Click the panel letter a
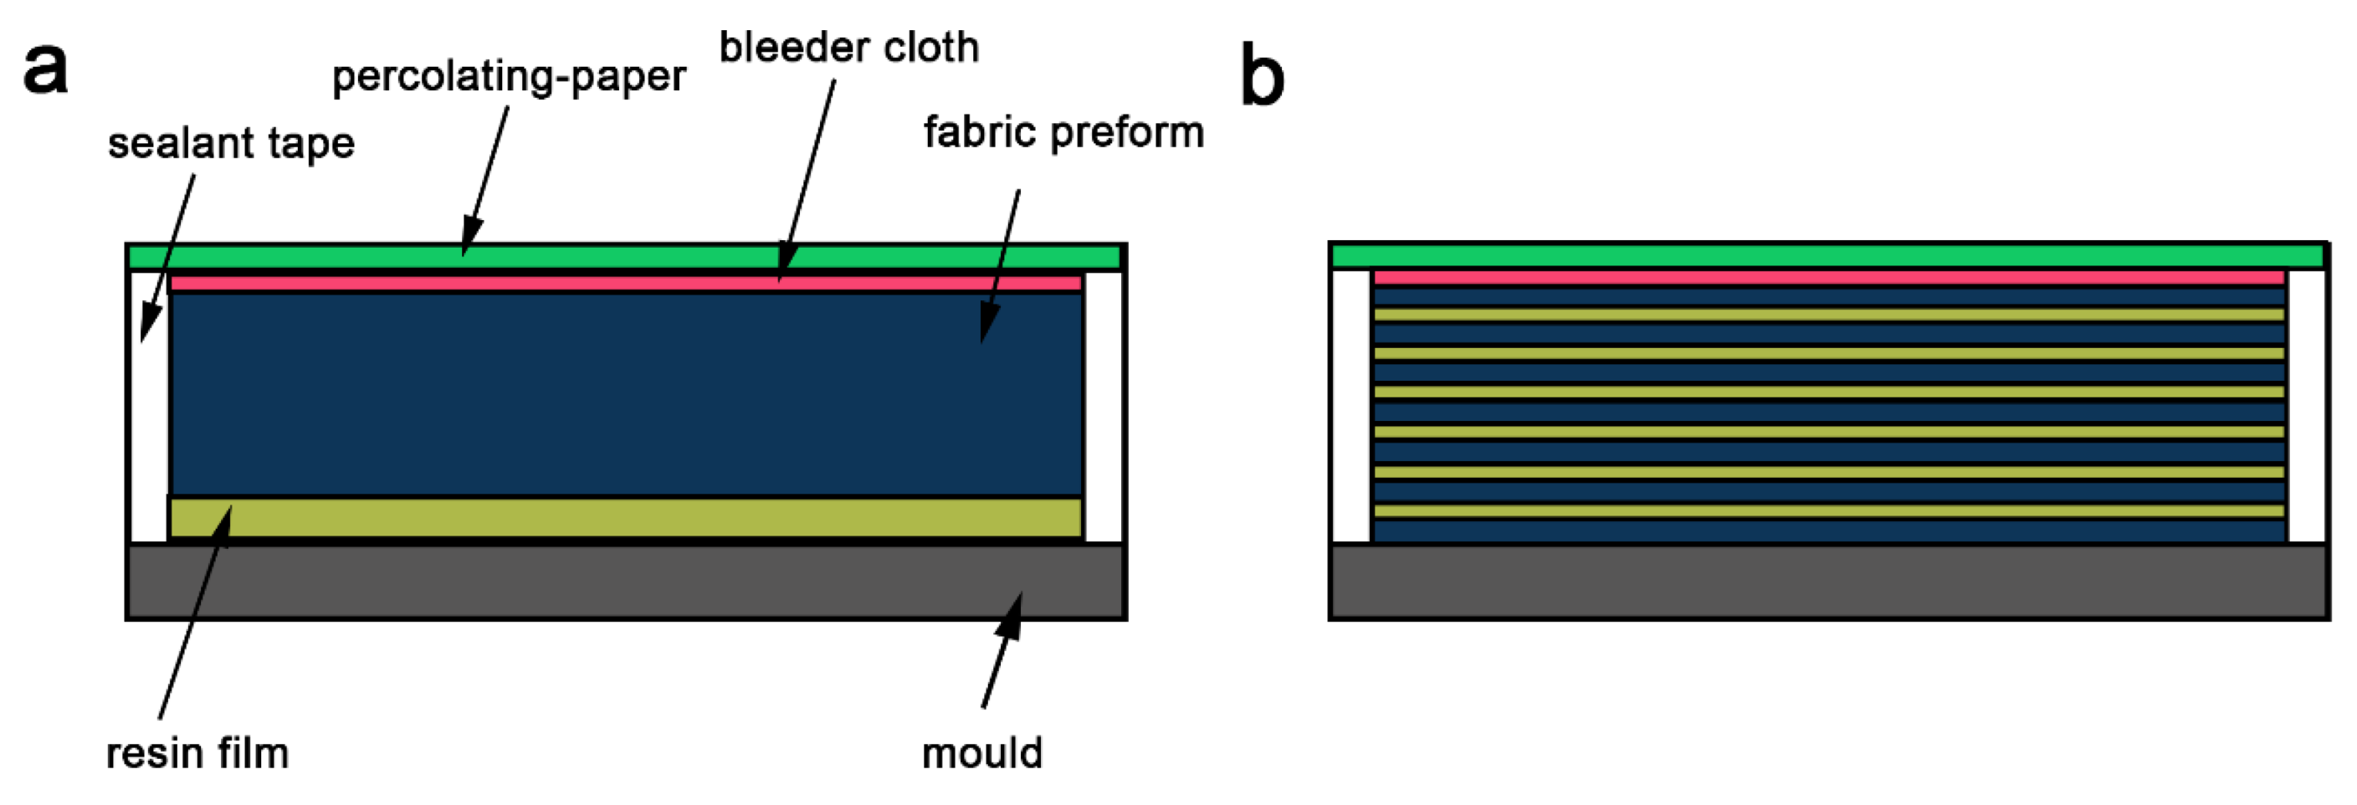[x=46, y=69]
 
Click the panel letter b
[x=1263, y=77]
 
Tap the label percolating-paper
[x=509, y=77]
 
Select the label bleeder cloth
[x=849, y=48]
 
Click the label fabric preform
[x=1063, y=133]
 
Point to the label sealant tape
[x=231, y=144]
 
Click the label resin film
[x=197, y=754]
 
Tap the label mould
[x=981, y=754]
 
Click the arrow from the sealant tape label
[x=169, y=256]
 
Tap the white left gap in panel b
[x=1350, y=406]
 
